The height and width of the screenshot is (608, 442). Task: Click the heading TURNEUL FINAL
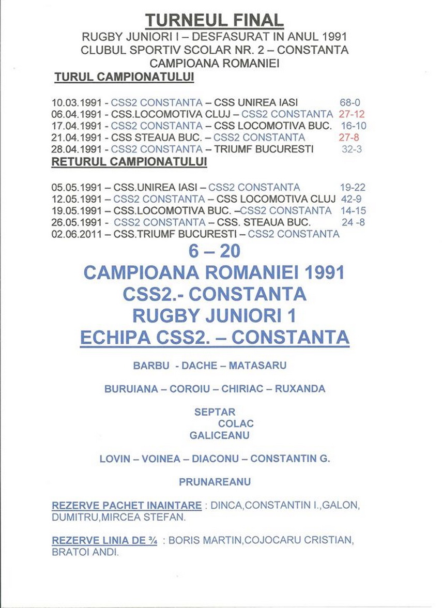tap(214, 20)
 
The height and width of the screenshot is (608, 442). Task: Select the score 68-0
tap(350, 102)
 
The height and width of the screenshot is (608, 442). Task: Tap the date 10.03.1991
tap(76, 102)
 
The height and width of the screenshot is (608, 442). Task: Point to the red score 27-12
tap(352, 114)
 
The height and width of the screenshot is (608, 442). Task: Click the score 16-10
tap(354, 126)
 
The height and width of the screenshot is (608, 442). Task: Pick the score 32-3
tap(351, 149)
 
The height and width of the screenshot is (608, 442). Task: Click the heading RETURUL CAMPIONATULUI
tap(129, 161)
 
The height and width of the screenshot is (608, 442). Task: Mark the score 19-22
tap(353, 188)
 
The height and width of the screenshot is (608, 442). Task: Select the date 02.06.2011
tap(76, 234)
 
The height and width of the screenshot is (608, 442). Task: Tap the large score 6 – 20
tap(215, 251)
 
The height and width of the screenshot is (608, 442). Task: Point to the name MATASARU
tap(257, 366)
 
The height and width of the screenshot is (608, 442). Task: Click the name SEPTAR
tap(215, 412)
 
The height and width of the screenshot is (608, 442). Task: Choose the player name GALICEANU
tap(219, 435)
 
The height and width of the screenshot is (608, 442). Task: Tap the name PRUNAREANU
tap(215, 482)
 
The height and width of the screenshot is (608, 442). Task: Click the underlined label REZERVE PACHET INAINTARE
tap(127, 505)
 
